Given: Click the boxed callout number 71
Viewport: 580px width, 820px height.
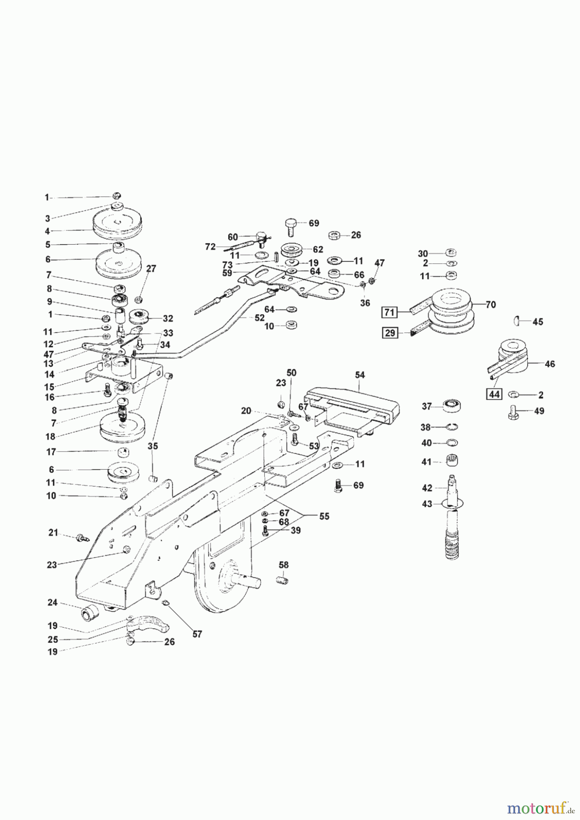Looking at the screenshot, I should click(x=390, y=313).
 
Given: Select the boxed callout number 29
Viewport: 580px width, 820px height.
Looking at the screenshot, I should click(x=390, y=333).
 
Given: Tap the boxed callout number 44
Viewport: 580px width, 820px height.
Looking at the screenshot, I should click(x=494, y=395).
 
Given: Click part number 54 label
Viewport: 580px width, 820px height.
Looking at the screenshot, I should click(x=360, y=375).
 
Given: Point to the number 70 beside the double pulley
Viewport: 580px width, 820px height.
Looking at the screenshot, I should click(x=490, y=305).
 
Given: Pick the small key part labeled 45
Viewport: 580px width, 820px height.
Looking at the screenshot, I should click(x=518, y=322).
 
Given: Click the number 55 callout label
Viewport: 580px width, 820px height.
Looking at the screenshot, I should click(x=324, y=516).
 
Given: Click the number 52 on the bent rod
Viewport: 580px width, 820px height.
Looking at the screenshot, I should click(x=259, y=318).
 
